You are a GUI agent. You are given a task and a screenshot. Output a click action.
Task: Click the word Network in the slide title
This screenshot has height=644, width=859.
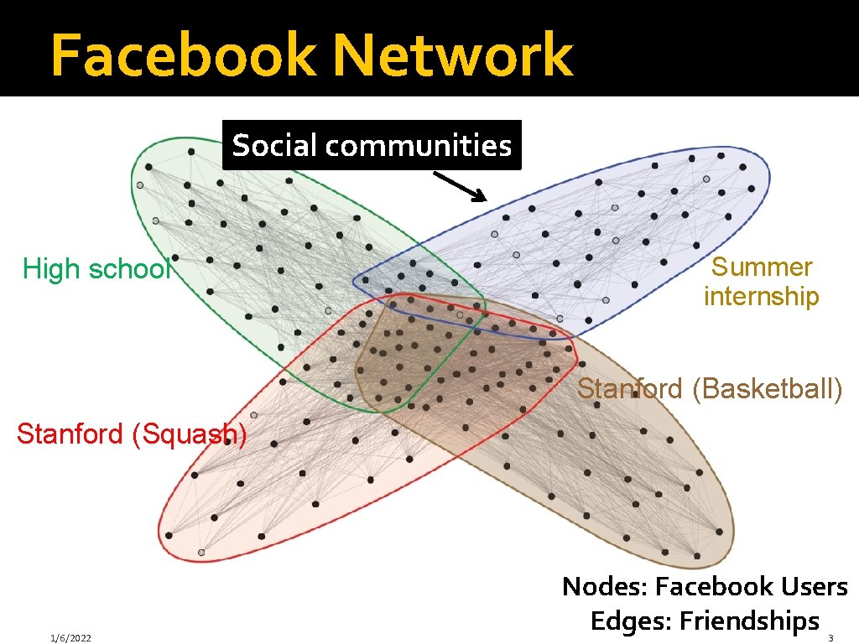pos(453,55)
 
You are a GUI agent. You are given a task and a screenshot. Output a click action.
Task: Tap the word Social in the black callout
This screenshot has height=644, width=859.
pos(275,146)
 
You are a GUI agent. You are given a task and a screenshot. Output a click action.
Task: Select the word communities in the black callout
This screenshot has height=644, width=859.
pos(419,146)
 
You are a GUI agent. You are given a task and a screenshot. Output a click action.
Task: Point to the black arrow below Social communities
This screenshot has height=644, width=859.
pos(460,187)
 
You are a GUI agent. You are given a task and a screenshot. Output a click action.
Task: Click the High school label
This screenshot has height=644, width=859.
pos(96,269)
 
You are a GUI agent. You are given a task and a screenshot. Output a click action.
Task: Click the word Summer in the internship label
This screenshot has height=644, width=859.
pos(762,267)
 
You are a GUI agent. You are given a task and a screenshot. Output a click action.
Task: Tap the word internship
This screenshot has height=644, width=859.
pos(762,296)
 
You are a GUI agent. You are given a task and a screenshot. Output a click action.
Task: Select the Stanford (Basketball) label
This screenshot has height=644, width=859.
pos(710,389)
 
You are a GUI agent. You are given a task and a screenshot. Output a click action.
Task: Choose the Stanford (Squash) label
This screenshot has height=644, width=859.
pos(132,434)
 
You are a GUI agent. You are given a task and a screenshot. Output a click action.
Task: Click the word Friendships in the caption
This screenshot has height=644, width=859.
pos(749,621)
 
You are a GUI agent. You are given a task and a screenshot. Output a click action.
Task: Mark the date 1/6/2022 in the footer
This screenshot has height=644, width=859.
pos(70,638)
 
